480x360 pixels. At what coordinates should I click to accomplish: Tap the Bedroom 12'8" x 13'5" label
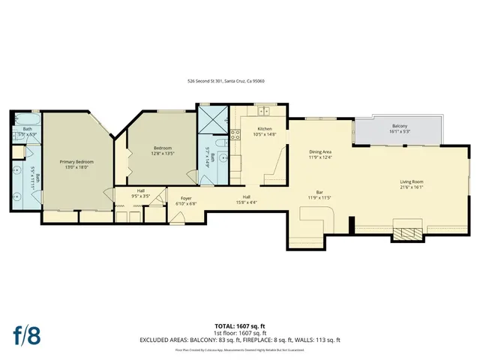163,151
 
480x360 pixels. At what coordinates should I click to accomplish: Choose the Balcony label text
399,128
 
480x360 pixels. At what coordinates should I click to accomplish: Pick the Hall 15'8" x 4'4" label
246,199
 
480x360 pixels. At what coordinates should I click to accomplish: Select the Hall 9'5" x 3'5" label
141,193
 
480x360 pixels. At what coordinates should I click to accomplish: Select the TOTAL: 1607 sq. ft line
240,326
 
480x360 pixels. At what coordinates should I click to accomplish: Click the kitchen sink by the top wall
263,112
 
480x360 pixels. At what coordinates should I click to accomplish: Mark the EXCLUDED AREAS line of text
240,340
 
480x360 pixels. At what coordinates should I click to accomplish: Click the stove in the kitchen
235,135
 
